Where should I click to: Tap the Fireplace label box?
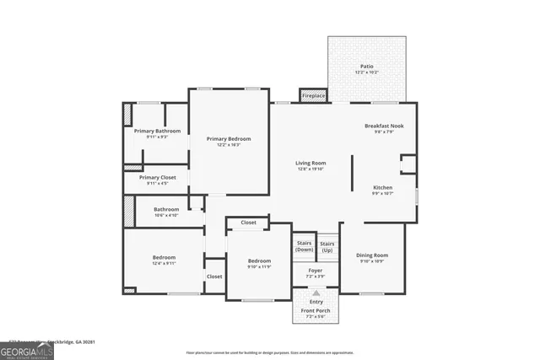click(314, 96)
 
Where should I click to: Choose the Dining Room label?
click(372, 257)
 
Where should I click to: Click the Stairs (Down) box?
click(303, 246)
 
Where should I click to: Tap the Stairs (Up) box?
click(327, 246)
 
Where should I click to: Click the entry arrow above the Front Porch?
click(316, 293)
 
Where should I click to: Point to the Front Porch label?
click(316, 312)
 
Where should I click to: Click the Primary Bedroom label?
click(228, 141)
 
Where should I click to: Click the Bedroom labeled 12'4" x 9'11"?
click(164, 260)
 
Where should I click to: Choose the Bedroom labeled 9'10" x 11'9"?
click(259, 264)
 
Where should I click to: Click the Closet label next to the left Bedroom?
click(214, 277)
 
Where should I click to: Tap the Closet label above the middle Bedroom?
click(248, 223)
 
